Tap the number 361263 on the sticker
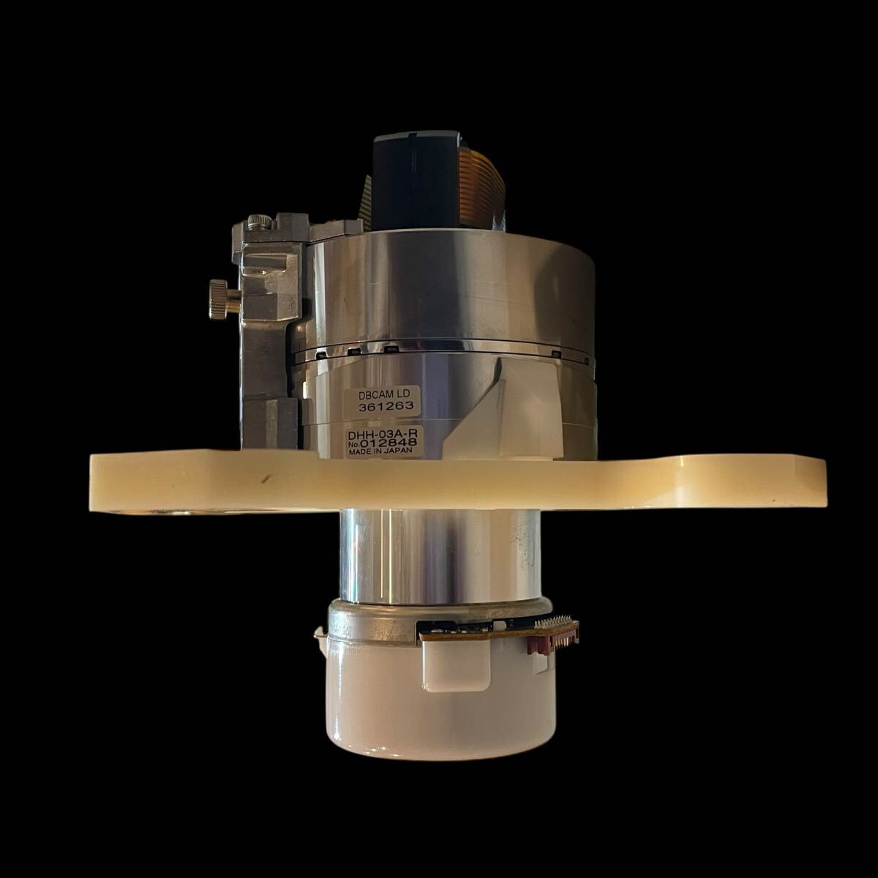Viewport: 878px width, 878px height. [x=386, y=406]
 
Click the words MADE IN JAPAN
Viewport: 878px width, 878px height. [x=380, y=451]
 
